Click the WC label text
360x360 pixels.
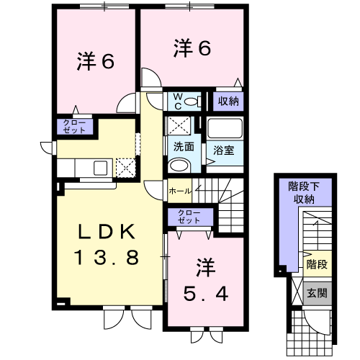click(x=178, y=102)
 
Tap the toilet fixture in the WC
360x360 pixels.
click(x=193, y=102)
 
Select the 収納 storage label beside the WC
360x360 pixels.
click(x=228, y=102)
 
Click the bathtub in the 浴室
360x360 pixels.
click(x=225, y=127)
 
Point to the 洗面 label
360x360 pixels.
click(x=184, y=146)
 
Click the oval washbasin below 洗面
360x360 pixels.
click(x=179, y=165)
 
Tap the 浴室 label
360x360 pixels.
click(x=224, y=150)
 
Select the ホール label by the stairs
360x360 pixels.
click(x=181, y=192)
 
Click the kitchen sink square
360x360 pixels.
click(x=100, y=168)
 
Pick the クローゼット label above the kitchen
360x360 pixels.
click(x=74, y=127)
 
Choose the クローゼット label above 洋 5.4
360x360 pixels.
click(x=189, y=217)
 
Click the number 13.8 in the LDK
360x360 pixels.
click(x=107, y=257)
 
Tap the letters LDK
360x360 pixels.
click(x=107, y=232)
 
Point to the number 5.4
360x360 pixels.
click(x=206, y=294)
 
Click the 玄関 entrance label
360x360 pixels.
click(x=318, y=293)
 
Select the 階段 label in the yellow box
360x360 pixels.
click(x=318, y=264)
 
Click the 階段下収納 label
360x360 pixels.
click(x=304, y=193)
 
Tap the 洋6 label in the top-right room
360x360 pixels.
click(x=192, y=48)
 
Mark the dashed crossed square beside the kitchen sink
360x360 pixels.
click(x=126, y=168)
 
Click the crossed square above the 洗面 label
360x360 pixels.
click(x=179, y=125)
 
